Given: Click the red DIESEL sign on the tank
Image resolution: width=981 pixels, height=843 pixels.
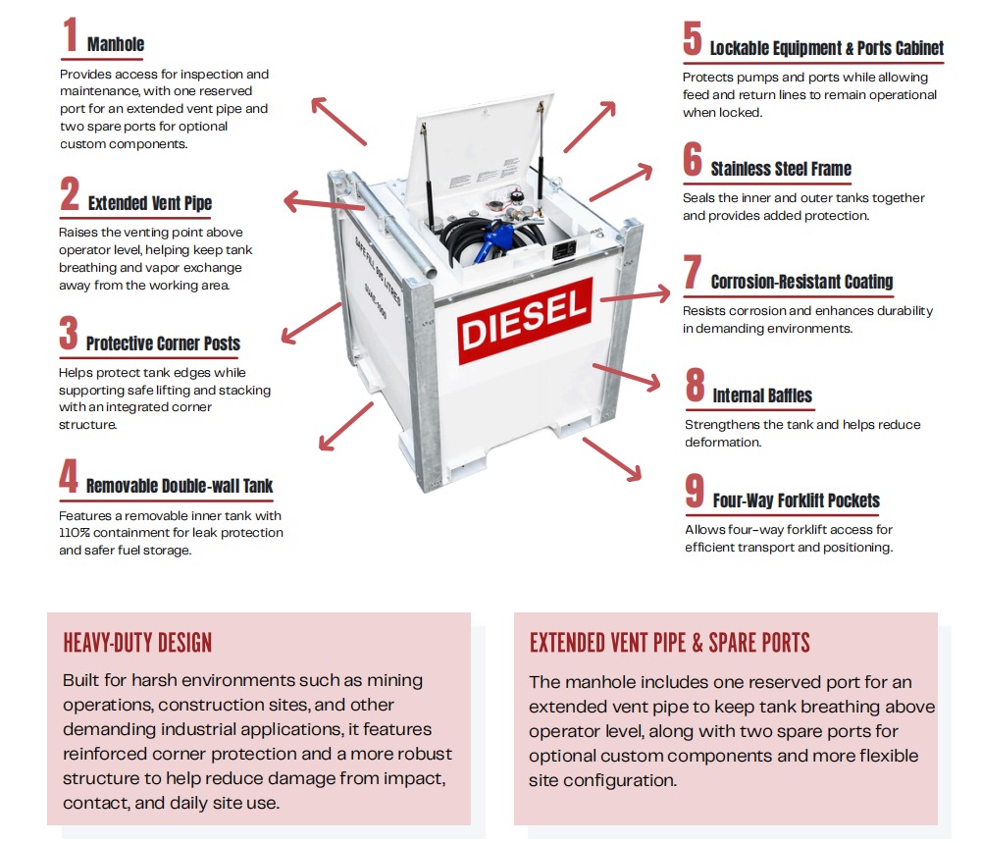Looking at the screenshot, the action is [525, 321].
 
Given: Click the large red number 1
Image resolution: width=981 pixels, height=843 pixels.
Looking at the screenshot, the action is [71, 34].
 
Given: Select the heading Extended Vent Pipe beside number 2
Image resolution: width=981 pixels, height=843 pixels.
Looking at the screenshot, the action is [150, 203].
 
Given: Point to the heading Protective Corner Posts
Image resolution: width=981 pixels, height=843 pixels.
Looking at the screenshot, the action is [163, 343].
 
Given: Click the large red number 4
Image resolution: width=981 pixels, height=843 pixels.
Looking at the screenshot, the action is [69, 476].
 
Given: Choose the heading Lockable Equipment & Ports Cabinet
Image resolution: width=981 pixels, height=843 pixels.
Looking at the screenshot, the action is [826, 48].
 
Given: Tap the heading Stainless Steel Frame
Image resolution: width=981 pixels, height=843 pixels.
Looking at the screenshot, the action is [781, 169].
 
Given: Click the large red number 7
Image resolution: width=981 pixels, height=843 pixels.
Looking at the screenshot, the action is [693, 272].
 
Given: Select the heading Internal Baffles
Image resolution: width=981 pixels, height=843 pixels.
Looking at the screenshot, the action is [762, 395].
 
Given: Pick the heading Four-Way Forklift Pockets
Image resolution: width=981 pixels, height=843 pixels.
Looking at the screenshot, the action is [797, 501].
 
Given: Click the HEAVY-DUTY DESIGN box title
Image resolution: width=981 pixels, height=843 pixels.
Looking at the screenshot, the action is [137, 643].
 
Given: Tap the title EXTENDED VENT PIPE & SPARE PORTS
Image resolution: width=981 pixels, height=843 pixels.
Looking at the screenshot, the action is [669, 643].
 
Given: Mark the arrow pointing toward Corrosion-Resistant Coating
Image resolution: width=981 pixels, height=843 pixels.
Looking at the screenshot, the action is [635, 296].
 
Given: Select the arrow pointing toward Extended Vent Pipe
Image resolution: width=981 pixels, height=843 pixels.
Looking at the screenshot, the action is [324, 203].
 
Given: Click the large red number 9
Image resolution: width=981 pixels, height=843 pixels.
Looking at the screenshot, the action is [695, 491].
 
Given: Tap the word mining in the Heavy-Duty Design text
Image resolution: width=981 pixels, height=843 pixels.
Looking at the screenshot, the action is [394, 680].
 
